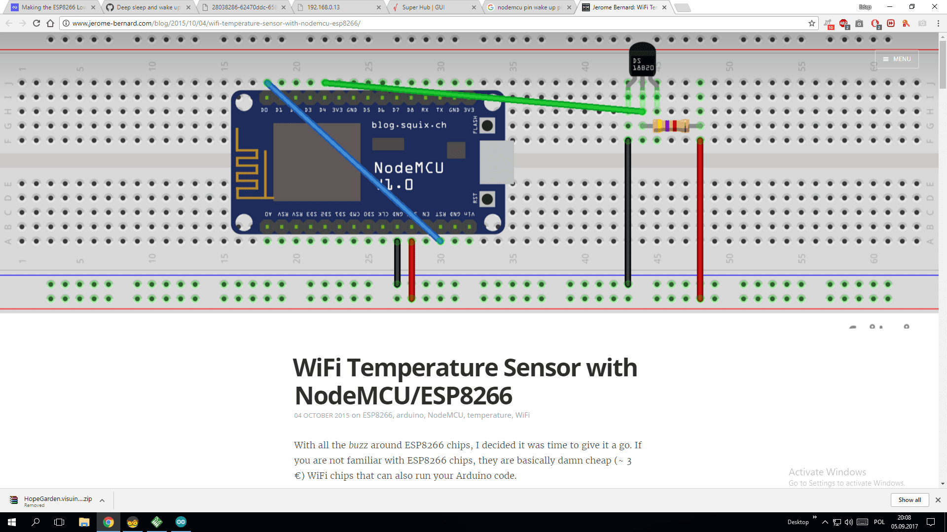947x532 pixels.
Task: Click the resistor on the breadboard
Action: (x=671, y=126)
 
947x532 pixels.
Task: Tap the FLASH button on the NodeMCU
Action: (x=487, y=126)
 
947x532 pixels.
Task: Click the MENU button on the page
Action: (x=897, y=59)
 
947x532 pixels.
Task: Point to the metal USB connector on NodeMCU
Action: (x=496, y=162)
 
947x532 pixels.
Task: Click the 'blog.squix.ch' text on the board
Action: (x=409, y=125)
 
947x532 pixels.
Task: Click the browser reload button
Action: (x=36, y=23)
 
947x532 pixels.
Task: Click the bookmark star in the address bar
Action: (x=811, y=23)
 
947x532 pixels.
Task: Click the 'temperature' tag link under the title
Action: (x=489, y=415)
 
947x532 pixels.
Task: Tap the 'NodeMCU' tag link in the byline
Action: (x=445, y=415)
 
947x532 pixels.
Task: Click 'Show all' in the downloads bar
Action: (x=910, y=500)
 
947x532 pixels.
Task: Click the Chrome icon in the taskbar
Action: (x=109, y=522)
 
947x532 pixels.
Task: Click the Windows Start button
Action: (x=12, y=522)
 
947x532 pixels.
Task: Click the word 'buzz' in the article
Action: (x=358, y=445)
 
